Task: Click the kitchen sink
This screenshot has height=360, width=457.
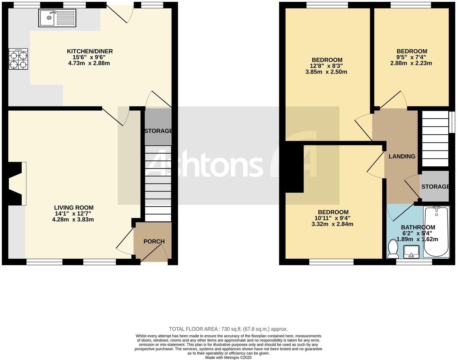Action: coord(57,18)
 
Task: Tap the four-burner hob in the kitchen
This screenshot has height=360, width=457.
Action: coord(18,59)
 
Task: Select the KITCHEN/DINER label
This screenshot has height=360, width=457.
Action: coord(90,51)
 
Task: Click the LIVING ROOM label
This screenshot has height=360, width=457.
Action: coord(73,208)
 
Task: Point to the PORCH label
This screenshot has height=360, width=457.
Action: coord(154,241)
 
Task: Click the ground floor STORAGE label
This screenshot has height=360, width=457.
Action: coord(158,131)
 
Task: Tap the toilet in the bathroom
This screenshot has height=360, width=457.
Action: coord(393,249)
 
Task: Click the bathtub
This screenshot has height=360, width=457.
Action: coord(436,231)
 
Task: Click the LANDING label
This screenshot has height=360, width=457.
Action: coord(402,156)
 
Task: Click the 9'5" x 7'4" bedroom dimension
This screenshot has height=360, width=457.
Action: coord(412,57)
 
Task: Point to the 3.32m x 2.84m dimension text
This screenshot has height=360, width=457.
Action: coord(332,224)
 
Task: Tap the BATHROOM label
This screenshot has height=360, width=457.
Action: coord(418,227)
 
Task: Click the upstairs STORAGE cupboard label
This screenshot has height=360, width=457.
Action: coord(435,187)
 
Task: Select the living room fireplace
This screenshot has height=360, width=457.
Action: coord(16,183)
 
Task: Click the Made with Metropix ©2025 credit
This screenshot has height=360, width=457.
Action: coord(228,358)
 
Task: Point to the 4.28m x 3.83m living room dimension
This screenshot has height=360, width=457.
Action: coord(73,219)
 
